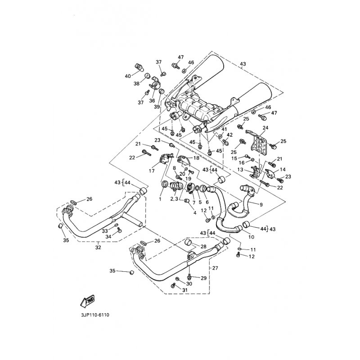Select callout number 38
click(x=136, y=84)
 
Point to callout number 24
click(x=265, y=128)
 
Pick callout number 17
click(x=152, y=171)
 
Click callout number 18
click(x=196, y=159)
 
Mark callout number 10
click(x=251, y=237)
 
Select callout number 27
click(x=215, y=268)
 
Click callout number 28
click(x=203, y=247)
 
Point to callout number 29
click(x=203, y=278)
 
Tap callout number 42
click(x=229, y=135)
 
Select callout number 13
click(x=241, y=170)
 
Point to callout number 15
click(x=234, y=158)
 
